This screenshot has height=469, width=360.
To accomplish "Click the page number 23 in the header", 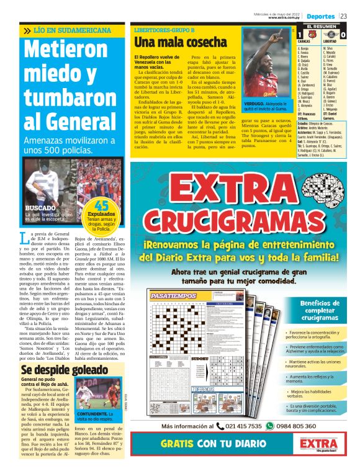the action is click(352, 16).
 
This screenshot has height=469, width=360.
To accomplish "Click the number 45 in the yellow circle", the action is click(102, 207).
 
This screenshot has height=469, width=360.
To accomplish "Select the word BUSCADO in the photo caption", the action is click(40, 209).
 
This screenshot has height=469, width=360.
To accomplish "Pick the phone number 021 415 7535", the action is click(243, 426).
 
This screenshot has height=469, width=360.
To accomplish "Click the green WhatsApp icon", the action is click(269, 426).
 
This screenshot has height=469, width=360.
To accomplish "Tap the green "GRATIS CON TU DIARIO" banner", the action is click(214, 445).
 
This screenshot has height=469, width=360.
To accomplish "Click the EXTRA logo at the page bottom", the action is click(320, 446).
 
